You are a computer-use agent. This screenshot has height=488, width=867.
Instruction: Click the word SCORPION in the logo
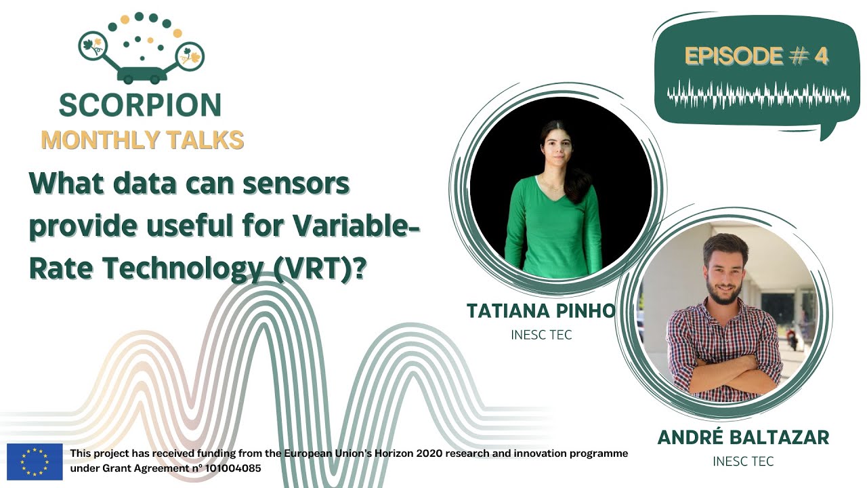point(140,105)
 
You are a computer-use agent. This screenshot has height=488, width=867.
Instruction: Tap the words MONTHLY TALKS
point(142,140)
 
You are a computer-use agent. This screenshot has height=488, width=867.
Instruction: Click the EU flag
point(35,462)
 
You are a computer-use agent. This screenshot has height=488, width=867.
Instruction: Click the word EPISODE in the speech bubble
point(734,56)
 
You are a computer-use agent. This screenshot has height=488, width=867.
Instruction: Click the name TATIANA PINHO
point(541,310)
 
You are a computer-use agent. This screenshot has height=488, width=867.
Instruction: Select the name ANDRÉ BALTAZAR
point(744,438)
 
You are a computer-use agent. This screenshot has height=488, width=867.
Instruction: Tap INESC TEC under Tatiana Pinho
point(541,335)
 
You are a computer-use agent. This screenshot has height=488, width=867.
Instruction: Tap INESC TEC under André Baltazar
point(743,462)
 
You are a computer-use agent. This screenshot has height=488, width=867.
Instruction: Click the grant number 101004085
point(233,468)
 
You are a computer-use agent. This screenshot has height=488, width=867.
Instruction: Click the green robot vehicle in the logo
point(142,75)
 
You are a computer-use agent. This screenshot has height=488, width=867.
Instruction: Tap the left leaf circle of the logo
point(93,46)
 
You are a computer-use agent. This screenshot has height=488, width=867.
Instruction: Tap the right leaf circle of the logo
point(190,56)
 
